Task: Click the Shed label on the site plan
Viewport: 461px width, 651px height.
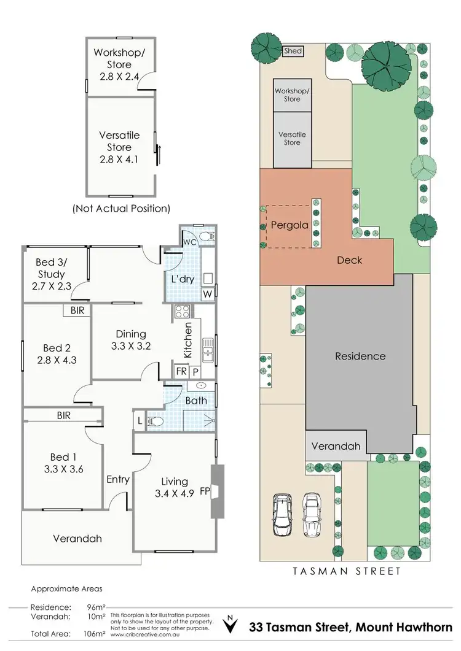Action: pyautogui.click(x=293, y=51)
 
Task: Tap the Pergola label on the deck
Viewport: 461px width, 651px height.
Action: pyautogui.click(x=290, y=225)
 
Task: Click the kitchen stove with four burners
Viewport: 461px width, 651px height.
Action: pyautogui.click(x=183, y=311)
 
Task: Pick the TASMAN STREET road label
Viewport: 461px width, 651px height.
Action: pyautogui.click(x=346, y=571)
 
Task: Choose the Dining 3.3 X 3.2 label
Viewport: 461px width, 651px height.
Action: pyautogui.click(x=131, y=339)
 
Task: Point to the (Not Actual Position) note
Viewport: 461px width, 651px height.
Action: pyautogui.click(x=121, y=208)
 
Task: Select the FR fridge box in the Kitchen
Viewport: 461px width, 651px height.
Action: pyautogui.click(x=182, y=372)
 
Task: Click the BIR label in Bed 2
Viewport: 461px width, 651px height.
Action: pyautogui.click(x=77, y=310)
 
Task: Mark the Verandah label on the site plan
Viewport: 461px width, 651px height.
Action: pyautogui.click(x=337, y=446)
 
